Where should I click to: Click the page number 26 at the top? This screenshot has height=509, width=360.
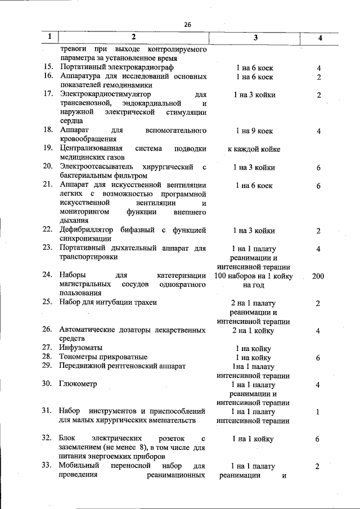pos(187,24)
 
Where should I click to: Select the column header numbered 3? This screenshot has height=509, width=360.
pos(255,37)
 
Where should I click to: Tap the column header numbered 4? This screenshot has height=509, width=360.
pos(319,38)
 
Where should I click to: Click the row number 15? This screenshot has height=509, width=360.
pos(48,67)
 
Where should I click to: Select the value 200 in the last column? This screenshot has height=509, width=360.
pos(318,276)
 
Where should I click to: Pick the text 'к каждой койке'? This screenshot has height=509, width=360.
pos(254,149)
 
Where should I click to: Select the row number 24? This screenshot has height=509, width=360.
pos(48,275)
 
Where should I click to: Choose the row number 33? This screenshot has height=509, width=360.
pos(48,466)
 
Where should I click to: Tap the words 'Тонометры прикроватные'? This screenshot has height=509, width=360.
pos(103,357)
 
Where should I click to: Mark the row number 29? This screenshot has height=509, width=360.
pos(48,366)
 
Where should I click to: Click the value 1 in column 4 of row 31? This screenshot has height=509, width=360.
pos(318,412)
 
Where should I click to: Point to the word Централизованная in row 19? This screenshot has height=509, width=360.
pos(92,148)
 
